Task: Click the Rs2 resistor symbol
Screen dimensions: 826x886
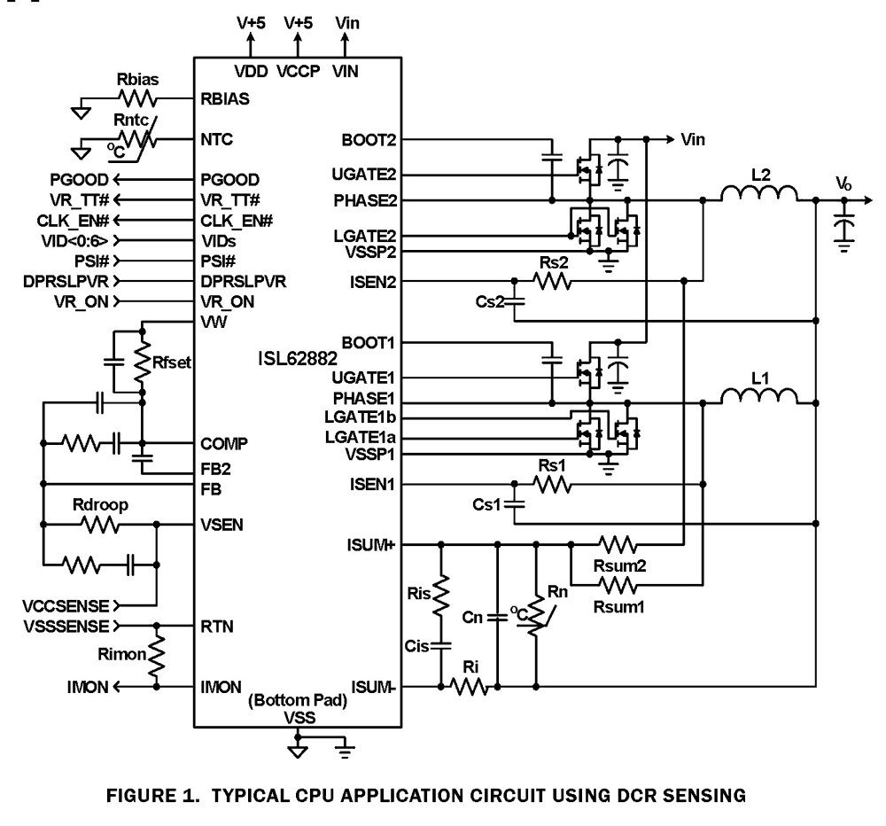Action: click(551, 282)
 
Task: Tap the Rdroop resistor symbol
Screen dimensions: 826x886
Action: click(98, 525)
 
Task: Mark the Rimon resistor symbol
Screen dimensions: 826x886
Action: click(159, 657)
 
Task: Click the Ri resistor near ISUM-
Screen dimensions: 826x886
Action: click(470, 686)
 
